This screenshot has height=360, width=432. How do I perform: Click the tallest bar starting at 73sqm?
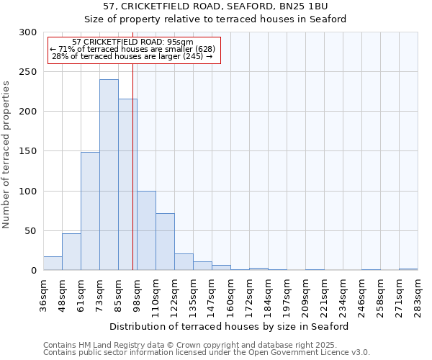click(109, 175)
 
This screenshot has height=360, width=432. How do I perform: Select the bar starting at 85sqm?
click(127, 184)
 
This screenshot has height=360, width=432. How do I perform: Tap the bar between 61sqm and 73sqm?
click(90, 211)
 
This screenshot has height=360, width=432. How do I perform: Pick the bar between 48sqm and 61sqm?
click(71, 252)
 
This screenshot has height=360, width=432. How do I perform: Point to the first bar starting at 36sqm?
click(53, 264)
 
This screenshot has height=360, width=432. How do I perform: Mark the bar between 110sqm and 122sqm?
click(165, 242)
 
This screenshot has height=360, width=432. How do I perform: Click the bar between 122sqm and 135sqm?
click(184, 262)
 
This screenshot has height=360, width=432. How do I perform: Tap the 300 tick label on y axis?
click(28, 32)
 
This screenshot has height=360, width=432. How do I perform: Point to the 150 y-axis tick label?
click(28, 151)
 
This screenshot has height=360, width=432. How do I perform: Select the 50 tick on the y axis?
click(31, 231)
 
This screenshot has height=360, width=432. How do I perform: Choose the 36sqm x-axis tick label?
click(43, 294)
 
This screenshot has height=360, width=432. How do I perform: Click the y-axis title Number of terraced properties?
click(6, 155)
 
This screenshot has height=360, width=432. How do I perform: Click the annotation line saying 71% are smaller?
click(132, 49)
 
